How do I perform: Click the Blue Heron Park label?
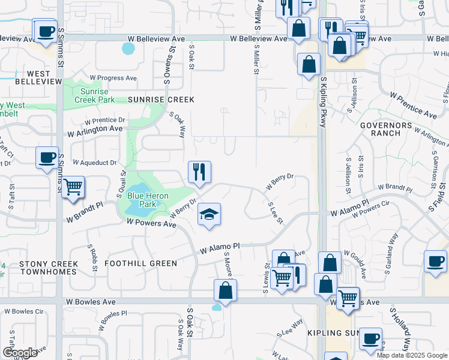pyautogui.click(x=146, y=200)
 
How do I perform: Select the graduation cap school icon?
pyautogui.click(x=209, y=215)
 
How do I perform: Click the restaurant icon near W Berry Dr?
pyautogui.click(x=199, y=172)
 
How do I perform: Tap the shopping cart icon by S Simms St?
pyautogui.click(x=73, y=187)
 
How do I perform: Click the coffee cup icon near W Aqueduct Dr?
pyautogui.click(x=47, y=158)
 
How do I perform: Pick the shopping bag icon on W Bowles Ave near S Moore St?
pyautogui.click(x=225, y=290)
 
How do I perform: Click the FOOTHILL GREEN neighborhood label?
pyautogui.click(x=140, y=263)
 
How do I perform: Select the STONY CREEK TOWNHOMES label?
pyautogui.click(x=48, y=268)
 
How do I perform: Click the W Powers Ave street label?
pyautogui.click(x=151, y=224)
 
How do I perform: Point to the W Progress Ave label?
pyautogui.click(x=113, y=78)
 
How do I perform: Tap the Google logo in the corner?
pyautogui.click(x=20, y=352)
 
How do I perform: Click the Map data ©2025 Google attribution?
pyautogui.click(x=412, y=355)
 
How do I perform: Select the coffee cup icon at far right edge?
pyautogui.click(x=435, y=262)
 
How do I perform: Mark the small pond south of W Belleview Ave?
pyautogui.click(x=128, y=48)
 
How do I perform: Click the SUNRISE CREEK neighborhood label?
pyautogui.click(x=161, y=100)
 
